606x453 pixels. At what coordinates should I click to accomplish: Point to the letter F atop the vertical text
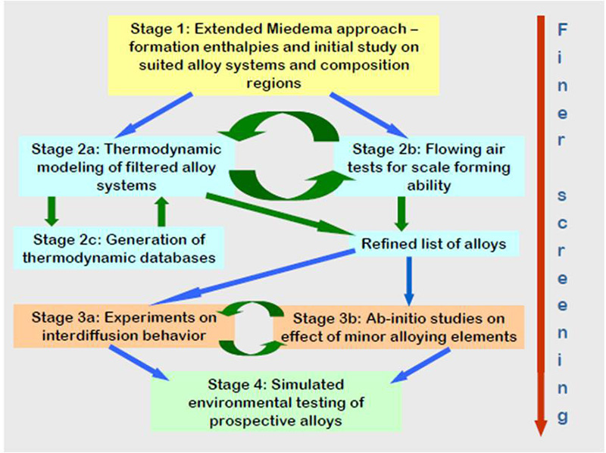563,30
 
